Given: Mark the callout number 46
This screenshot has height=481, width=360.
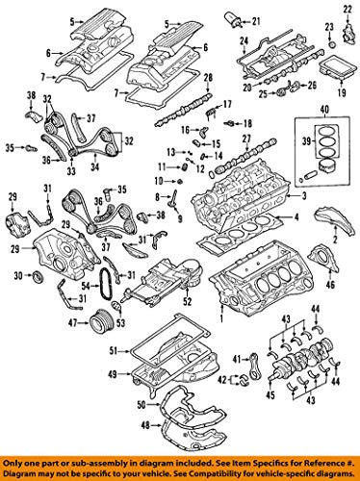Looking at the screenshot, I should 332,286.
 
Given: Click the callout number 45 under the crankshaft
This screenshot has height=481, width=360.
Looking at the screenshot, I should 296,394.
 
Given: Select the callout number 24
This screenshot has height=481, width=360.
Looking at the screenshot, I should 243,40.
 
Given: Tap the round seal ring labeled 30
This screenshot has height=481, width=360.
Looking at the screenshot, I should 38,277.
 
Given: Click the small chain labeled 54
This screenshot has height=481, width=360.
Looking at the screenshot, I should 109,286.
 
